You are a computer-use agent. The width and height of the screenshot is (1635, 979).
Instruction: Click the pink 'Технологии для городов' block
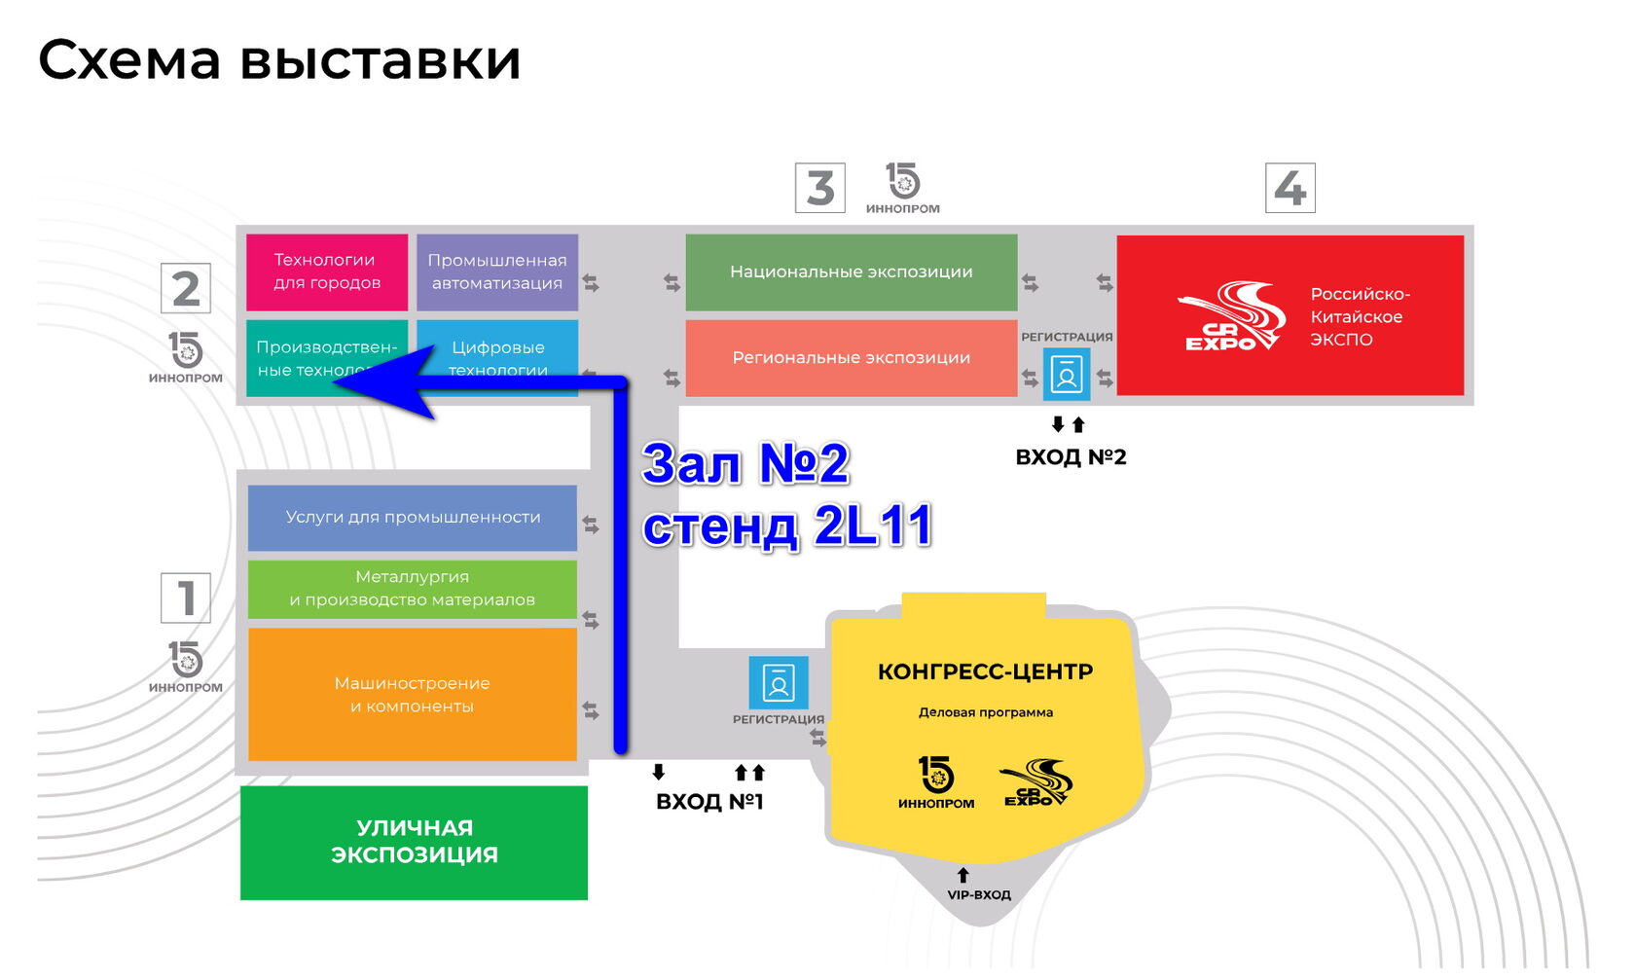point(326,272)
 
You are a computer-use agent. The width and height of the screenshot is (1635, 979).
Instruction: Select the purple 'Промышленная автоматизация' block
point(496,272)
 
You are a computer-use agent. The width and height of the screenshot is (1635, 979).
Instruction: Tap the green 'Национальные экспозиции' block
point(851,272)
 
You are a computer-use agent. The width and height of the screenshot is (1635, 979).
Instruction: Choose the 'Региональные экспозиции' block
point(851,357)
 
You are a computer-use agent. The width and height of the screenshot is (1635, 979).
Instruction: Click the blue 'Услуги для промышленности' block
point(412,517)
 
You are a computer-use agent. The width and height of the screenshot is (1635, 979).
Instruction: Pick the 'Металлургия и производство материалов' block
point(412,589)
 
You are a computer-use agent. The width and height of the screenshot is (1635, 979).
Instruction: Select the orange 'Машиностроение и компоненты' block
point(412,694)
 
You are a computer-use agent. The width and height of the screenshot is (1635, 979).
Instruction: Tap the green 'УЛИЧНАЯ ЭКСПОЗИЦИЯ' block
point(414,842)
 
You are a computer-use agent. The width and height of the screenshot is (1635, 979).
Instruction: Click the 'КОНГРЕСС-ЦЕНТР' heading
point(985,671)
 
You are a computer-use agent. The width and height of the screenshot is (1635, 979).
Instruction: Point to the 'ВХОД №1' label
point(709,802)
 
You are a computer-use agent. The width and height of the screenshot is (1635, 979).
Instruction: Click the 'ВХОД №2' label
point(1071,457)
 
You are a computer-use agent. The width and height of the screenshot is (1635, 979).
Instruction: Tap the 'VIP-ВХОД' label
point(979,895)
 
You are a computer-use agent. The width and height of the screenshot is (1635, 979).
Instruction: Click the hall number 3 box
point(819,188)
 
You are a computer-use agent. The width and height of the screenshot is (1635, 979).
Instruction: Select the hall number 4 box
point(1290,188)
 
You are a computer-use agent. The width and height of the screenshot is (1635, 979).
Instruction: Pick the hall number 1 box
point(185,598)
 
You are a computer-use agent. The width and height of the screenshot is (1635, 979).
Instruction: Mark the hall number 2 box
point(185,289)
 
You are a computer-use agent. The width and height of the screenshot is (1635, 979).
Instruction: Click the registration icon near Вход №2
point(1066,375)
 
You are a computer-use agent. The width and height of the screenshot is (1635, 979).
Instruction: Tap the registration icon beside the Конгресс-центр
point(778,682)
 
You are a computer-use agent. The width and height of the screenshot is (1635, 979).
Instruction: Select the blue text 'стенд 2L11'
point(786,526)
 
